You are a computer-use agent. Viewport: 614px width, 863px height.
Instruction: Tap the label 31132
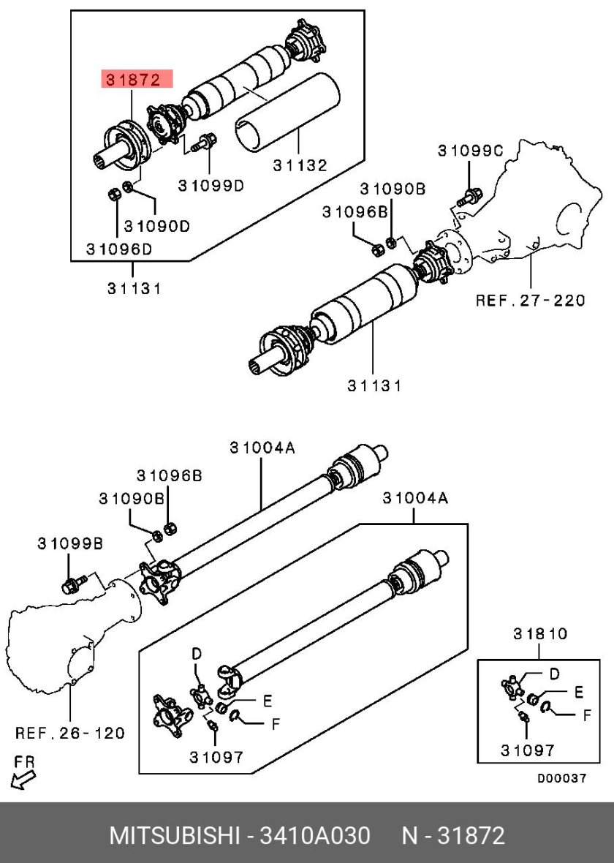[300, 165]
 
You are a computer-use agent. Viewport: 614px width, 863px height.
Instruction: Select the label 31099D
[211, 186]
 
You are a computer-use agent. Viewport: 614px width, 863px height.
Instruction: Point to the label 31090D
[157, 226]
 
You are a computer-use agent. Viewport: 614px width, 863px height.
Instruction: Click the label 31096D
[119, 249]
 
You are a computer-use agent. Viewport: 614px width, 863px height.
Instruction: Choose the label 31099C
[471, 150]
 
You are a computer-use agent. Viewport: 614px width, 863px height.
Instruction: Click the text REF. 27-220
[531, 300]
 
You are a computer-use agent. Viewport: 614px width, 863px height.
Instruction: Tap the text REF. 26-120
[70, 733]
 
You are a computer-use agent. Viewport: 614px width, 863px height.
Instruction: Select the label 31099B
[70, 544]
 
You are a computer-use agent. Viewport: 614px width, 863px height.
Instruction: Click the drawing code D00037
[561, 778]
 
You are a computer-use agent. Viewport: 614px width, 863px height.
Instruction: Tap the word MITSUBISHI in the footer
[175, 835]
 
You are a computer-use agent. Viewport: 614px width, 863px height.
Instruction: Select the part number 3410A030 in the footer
[315, 835]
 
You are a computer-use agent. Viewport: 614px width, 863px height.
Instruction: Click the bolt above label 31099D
[203, 142]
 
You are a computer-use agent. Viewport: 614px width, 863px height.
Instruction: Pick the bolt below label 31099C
[469, 196]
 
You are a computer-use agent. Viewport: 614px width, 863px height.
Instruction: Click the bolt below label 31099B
[74, 584]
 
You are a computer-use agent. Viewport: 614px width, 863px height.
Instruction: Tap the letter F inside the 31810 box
[587, 715]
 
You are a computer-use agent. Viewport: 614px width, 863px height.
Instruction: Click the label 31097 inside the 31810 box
[527, 750]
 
